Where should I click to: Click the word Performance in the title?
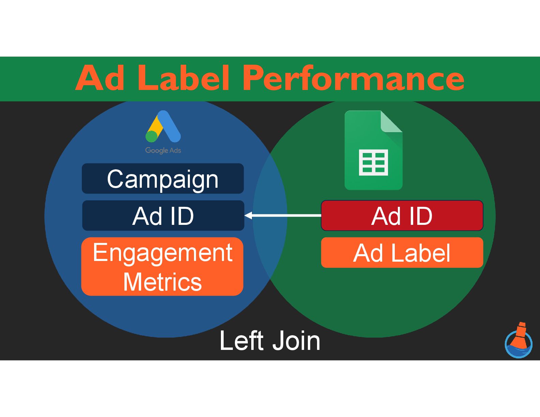[x=353, y=79]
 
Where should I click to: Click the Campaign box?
[x=163, y=179]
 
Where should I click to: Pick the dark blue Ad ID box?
[x=163, y=216]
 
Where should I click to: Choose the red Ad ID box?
[x=402, y=216]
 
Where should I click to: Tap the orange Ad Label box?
[x=402, y=253]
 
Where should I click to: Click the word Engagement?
[x=163, y=252]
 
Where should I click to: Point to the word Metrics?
[x=163, y=282]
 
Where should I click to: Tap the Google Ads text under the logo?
[x=163, y=150]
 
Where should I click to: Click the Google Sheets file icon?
[x=373, y=150]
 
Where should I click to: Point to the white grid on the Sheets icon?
[x=373, y=163]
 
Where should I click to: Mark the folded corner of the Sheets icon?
[x=392, y=121]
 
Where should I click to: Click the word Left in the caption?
[x=241, y=340]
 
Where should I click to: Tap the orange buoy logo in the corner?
[x=519, y=340]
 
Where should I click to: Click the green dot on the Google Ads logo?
[x=151, y=136]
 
